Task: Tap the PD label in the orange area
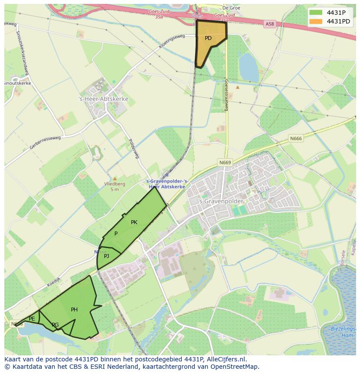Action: tap(208, 38)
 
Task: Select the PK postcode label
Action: tap(134, 222)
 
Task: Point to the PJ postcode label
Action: tap(107, 256)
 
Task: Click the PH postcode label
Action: tap(74, 310)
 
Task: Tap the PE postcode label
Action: tap(32, 319)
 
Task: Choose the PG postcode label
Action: tap(55, 325)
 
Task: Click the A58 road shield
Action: tap(270, 25)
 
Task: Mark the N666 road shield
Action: tap(296, 139)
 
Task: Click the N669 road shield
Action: tap(225, 162)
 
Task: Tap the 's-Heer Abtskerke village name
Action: tap(103, 99)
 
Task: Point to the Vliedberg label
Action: tap(115, 184)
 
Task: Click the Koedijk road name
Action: tap(54, 282)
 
